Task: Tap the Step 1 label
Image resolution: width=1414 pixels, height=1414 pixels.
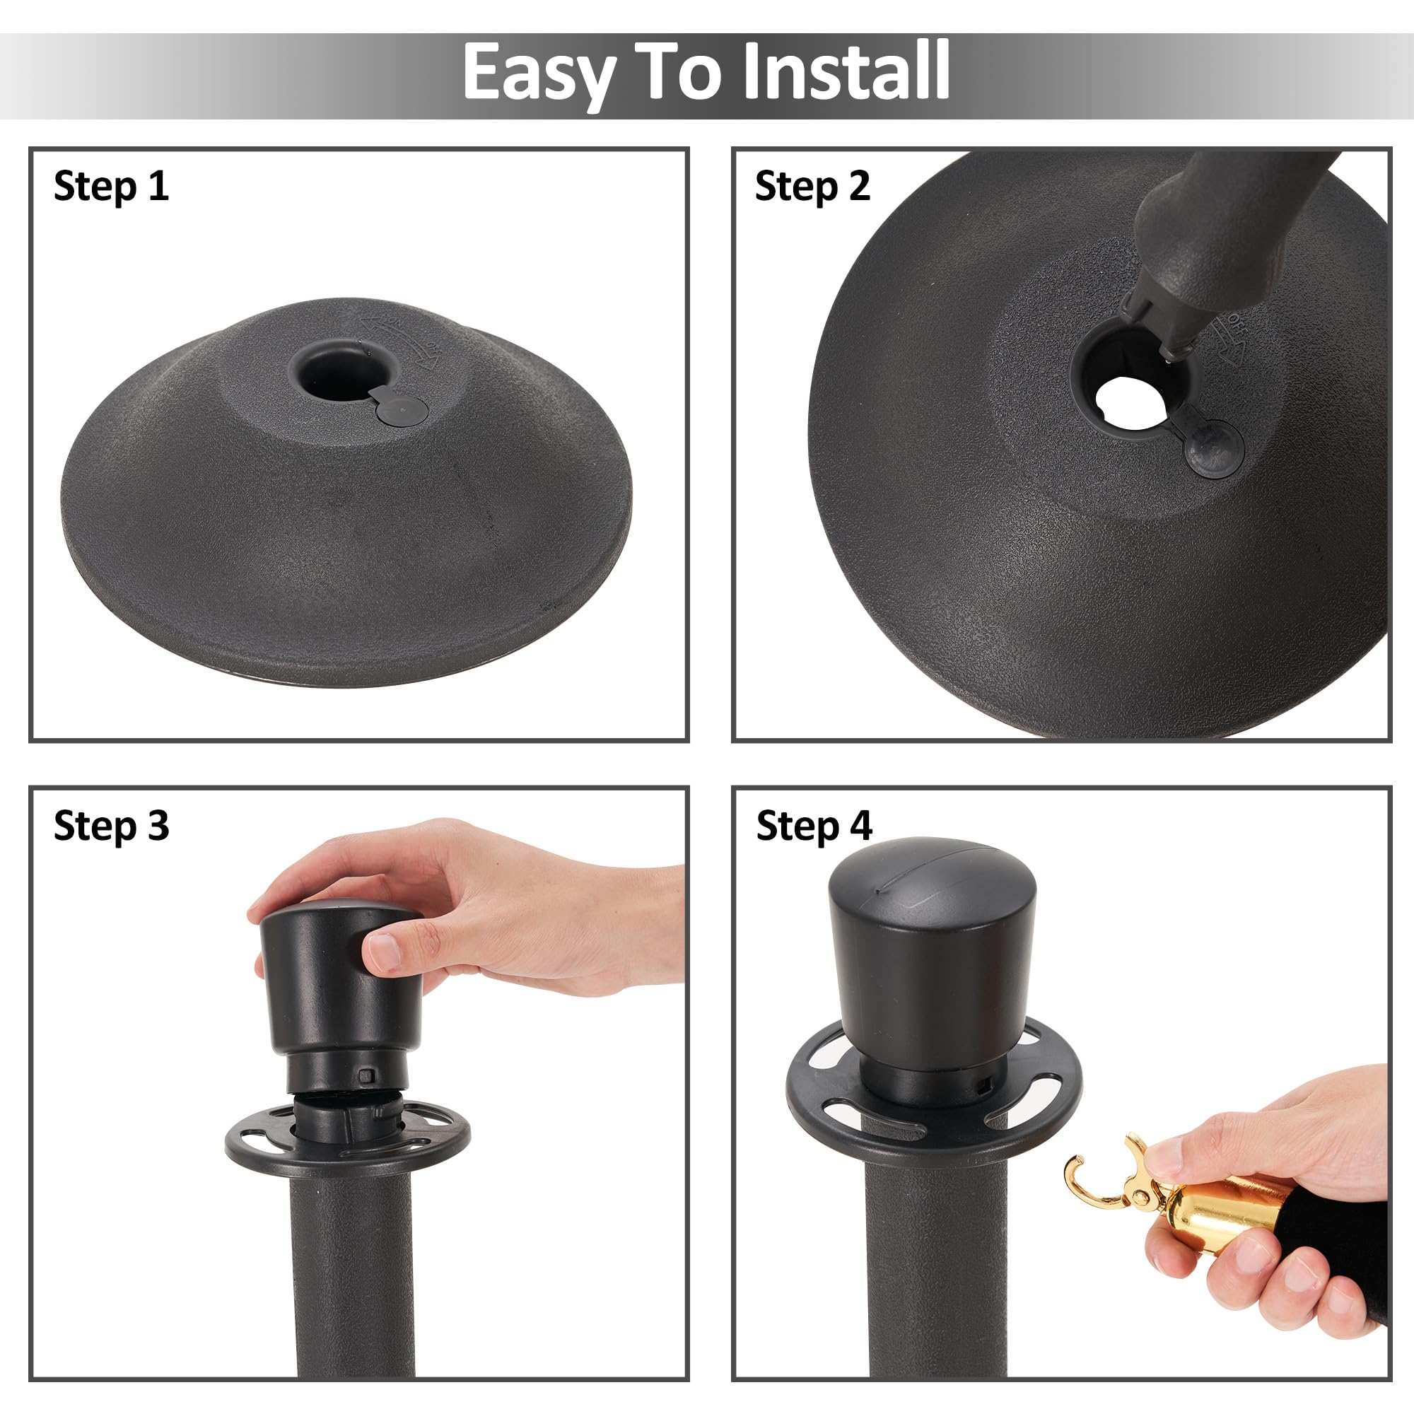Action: point(111,186)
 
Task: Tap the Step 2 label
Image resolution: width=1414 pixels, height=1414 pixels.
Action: point(812,186)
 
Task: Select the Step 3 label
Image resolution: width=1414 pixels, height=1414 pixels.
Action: point(111,826)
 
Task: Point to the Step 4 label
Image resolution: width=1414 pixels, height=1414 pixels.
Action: point(814,826)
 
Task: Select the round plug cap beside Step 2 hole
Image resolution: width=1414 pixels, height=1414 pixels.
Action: point(1213,445)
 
